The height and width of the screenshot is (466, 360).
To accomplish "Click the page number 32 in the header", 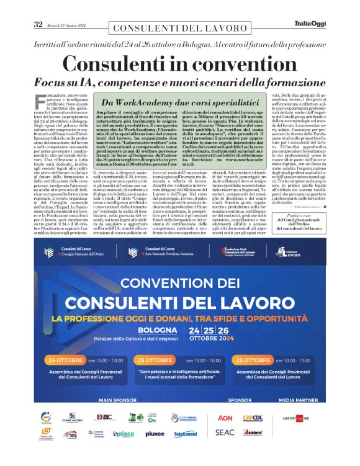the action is pos(38,24).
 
